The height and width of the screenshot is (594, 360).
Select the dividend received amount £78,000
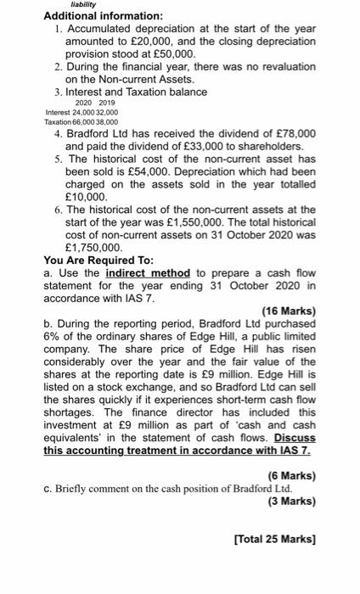291,134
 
